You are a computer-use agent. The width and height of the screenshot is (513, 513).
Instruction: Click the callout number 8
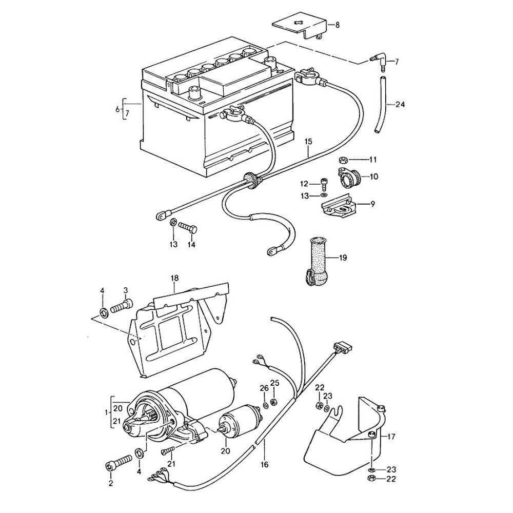pos(337,25)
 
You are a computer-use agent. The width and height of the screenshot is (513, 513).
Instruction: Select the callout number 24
pos(400,105)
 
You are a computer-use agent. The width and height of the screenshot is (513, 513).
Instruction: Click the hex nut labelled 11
pos(344,159)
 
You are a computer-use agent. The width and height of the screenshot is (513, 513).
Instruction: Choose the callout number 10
pos(373,177)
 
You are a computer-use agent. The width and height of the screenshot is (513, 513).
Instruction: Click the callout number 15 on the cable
pos(308,140)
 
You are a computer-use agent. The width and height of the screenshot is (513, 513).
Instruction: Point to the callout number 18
pos(175,279)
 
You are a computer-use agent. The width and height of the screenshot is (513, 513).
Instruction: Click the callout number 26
pos(264,388)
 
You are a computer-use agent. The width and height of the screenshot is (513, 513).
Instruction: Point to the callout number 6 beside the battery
pos(117,109)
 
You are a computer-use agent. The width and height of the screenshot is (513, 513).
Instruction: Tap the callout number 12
pos(304,184)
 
